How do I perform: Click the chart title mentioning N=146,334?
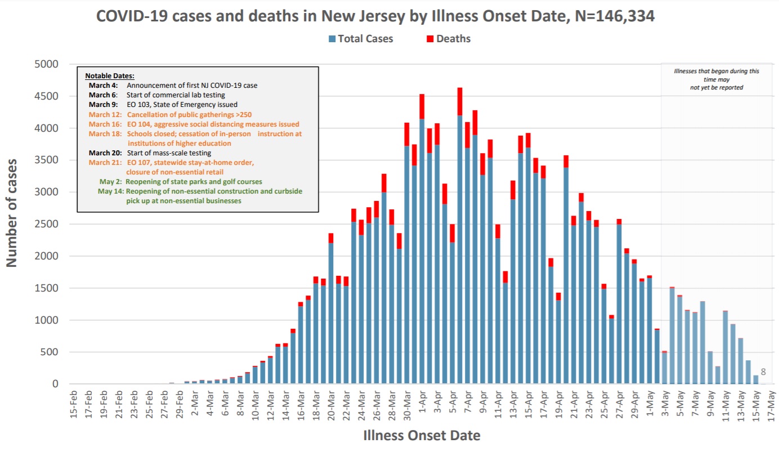(x=375, y=16)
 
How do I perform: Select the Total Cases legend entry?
(x=361, y=39)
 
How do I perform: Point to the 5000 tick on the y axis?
(x=47, y=64)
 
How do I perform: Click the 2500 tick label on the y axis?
(x=47, y=224)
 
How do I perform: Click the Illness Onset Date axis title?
(x=422, y=435)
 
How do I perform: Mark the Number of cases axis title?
(x=12, y=213)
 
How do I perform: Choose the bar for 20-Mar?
(x=331, y=315)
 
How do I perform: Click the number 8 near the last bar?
(x=763, y=372)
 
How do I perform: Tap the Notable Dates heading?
(x=110, y=75)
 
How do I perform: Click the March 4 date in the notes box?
(x=103, y=86)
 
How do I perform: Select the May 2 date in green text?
(x=111, y=182)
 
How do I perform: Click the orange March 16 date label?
(x=105, y=124)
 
